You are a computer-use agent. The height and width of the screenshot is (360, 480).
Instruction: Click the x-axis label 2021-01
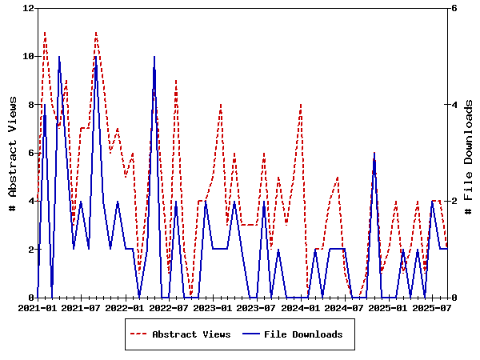coord(38,306)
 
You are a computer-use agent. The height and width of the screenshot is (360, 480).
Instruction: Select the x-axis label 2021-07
coord(82,306)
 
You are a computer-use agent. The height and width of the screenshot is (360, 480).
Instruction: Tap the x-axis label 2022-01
coord(126,306)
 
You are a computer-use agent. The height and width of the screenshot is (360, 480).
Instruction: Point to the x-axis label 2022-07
coord(170,306)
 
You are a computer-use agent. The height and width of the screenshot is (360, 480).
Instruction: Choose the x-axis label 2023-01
coord(214,306)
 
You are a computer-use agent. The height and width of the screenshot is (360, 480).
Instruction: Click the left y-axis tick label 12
coord(30,8)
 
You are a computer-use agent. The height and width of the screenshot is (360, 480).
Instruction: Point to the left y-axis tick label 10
coord(30,56)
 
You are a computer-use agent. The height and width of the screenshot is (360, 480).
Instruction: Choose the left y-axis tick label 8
coord(32,104)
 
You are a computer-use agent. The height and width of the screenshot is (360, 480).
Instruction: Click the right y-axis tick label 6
coord(454,8)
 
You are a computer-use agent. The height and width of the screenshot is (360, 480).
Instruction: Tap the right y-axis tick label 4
coord(454,104)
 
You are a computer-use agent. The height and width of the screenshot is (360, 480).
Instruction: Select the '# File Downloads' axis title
coord(470,152)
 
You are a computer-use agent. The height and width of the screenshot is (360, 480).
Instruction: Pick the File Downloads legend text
coord(303,334)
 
